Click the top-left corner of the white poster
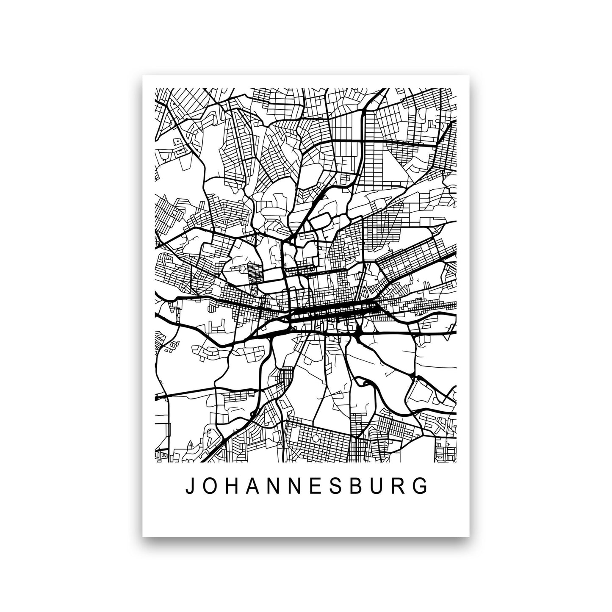pyautogui.click(x=143, y=75)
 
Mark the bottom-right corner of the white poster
pyautogui.click(x=469, y=537)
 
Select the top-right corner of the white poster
pyautogui.click(x=469, y=75)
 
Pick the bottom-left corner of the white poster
pyautogui.click(x=143, y=537)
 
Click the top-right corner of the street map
pyautogui.click(x=456, y=88)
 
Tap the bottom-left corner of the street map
pyautogui.click(x=156, y=462)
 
